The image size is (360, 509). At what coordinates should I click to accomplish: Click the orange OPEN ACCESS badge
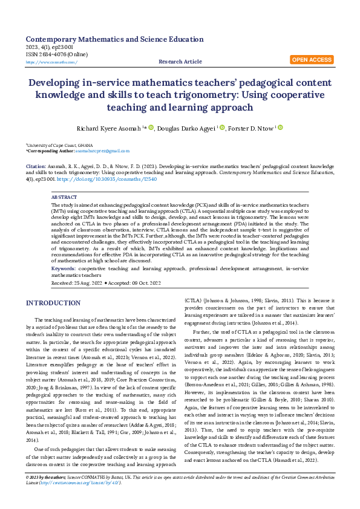coord(312,60)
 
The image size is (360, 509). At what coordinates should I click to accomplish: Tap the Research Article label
coord(180,62)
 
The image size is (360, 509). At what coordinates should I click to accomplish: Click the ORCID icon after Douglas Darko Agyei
coord(222,128)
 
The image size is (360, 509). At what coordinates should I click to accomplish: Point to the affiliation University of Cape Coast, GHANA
coord(61,145)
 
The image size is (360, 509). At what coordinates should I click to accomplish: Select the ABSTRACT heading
coord(64,197)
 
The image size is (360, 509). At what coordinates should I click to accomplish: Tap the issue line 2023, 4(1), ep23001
coord(50,47)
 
